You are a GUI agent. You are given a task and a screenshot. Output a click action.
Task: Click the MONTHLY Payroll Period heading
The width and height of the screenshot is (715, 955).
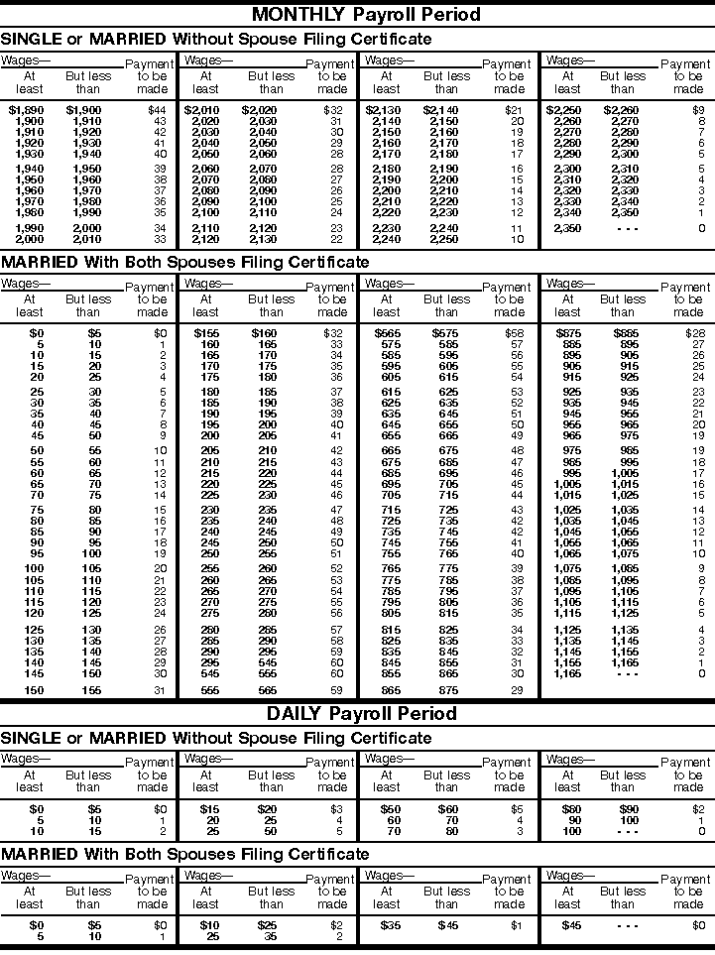point(366,14)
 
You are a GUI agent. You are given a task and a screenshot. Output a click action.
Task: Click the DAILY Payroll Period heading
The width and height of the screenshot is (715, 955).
point(361,713)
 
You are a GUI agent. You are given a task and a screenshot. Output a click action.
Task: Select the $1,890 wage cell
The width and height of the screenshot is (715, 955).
point(26,109)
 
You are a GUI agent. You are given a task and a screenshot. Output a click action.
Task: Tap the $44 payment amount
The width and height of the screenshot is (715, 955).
point(157,109)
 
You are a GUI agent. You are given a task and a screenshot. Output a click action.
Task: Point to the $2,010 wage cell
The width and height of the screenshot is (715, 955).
point(202,109)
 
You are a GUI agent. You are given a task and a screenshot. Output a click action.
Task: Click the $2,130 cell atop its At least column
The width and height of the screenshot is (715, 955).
point(383,109)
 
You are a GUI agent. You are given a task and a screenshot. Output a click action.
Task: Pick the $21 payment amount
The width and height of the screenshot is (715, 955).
point(514,109)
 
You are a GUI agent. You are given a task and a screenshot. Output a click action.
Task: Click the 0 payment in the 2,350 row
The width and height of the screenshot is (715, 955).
point(700,228)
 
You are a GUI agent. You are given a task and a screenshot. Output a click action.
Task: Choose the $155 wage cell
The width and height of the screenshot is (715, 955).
point(206,333)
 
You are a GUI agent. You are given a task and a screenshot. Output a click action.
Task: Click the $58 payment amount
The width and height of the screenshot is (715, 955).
point(514,333)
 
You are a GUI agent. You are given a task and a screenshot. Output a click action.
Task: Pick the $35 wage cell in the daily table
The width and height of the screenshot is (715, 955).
point(389,925)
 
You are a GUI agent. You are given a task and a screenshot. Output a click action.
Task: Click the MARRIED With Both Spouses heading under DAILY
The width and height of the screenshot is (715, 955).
point(184,854)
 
